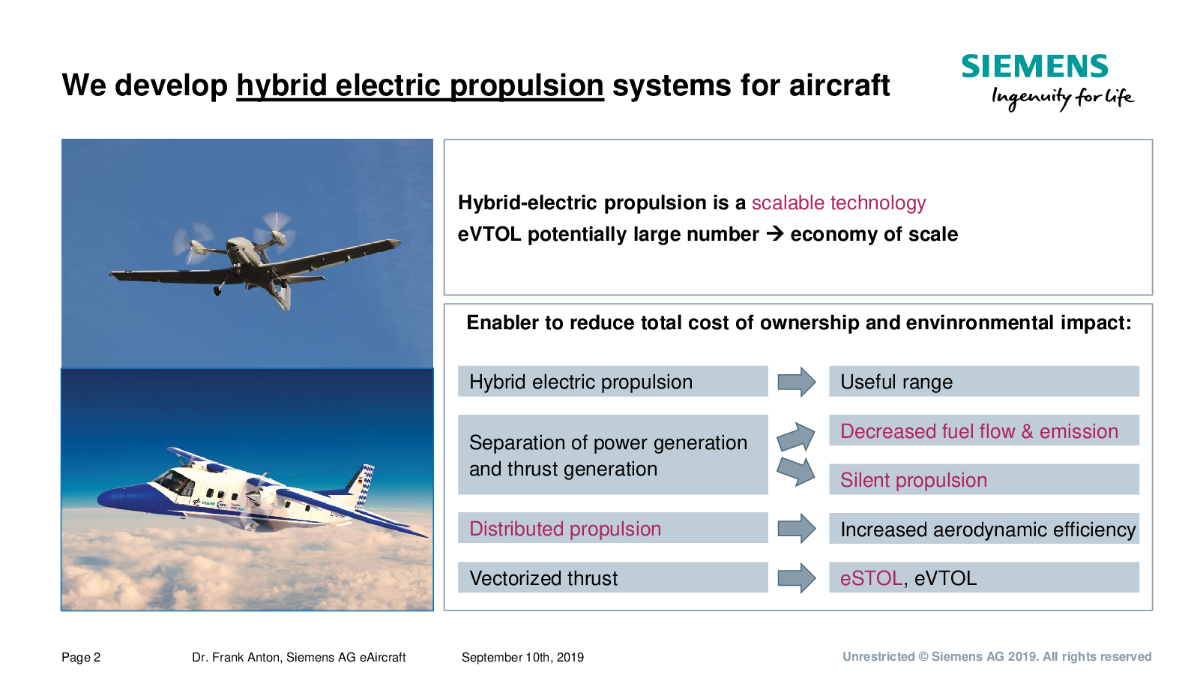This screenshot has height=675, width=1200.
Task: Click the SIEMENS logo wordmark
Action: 1034,66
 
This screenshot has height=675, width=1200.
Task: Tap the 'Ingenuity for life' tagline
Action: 1062,98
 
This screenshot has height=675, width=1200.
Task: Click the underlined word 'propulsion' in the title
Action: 527,85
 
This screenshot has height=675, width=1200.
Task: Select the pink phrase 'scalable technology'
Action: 839,202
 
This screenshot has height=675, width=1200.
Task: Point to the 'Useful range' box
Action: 984,381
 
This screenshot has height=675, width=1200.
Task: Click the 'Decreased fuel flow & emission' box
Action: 984,430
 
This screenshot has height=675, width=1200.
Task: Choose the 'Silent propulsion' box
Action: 984,478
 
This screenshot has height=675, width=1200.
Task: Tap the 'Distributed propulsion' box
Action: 613,528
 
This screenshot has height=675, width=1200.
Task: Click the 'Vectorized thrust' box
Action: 613,577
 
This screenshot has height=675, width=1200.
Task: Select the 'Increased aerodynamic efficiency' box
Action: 984,528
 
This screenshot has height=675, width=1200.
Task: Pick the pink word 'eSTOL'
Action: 871,578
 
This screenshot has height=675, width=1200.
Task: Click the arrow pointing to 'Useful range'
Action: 797,382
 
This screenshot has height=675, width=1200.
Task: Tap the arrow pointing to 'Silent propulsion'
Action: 796,472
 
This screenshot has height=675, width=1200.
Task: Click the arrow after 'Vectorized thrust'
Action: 797,578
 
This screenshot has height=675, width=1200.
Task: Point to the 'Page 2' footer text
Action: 81,657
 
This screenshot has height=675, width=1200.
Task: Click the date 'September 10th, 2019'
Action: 523,657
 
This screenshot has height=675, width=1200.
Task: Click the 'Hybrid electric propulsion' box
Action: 613,381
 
